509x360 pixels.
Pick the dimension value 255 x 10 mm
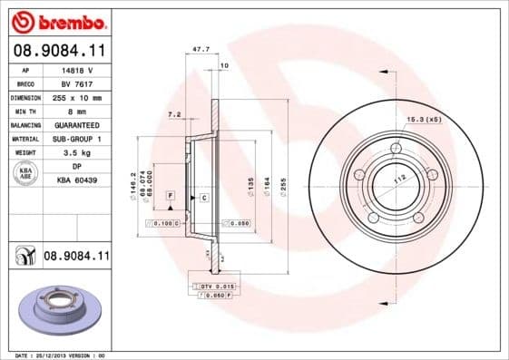point(76,97)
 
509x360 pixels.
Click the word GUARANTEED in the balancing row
point(76,124)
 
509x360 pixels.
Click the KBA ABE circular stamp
point(24,173)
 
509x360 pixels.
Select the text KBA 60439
point(76,180)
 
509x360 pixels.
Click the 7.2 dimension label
point(175,115)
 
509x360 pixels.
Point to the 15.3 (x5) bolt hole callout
point(423,120)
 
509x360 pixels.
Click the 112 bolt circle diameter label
point(396,179)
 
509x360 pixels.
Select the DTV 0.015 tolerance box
point(210,287)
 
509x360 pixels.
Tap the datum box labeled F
point(169,196)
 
